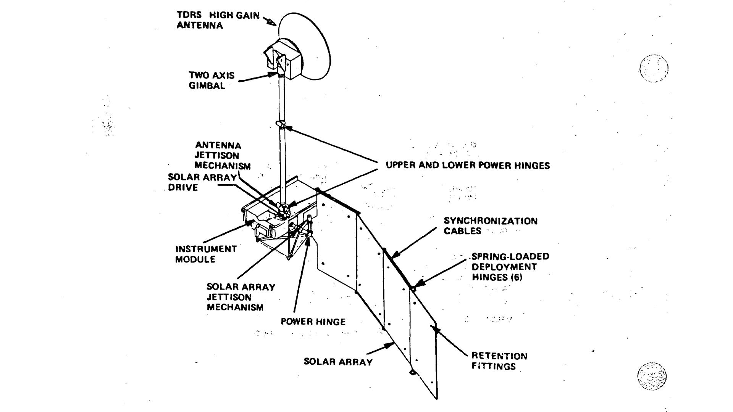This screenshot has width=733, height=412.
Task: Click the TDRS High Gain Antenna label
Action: pos(218,21)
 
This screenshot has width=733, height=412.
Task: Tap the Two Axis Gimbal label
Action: pos(212,80)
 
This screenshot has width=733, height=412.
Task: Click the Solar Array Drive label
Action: pos(202,182)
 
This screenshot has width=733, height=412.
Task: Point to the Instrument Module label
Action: pos(206,254)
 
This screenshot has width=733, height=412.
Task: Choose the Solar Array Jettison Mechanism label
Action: pos(241,297)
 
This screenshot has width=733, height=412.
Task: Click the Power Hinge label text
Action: pos(313,322)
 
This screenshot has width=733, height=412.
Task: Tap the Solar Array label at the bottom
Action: pos(338,362)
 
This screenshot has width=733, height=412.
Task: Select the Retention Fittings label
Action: pos(499,361)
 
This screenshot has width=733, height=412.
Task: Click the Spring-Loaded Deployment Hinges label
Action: pos(510,267)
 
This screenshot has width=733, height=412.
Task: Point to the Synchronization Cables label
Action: pos(490,226)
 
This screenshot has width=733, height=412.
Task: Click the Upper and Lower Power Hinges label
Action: pos(468,166)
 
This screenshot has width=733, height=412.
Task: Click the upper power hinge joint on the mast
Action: pos(281,124)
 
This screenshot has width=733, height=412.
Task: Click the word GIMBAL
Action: pos(207,86)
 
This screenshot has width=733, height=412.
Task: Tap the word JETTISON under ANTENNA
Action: pos(217,156)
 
